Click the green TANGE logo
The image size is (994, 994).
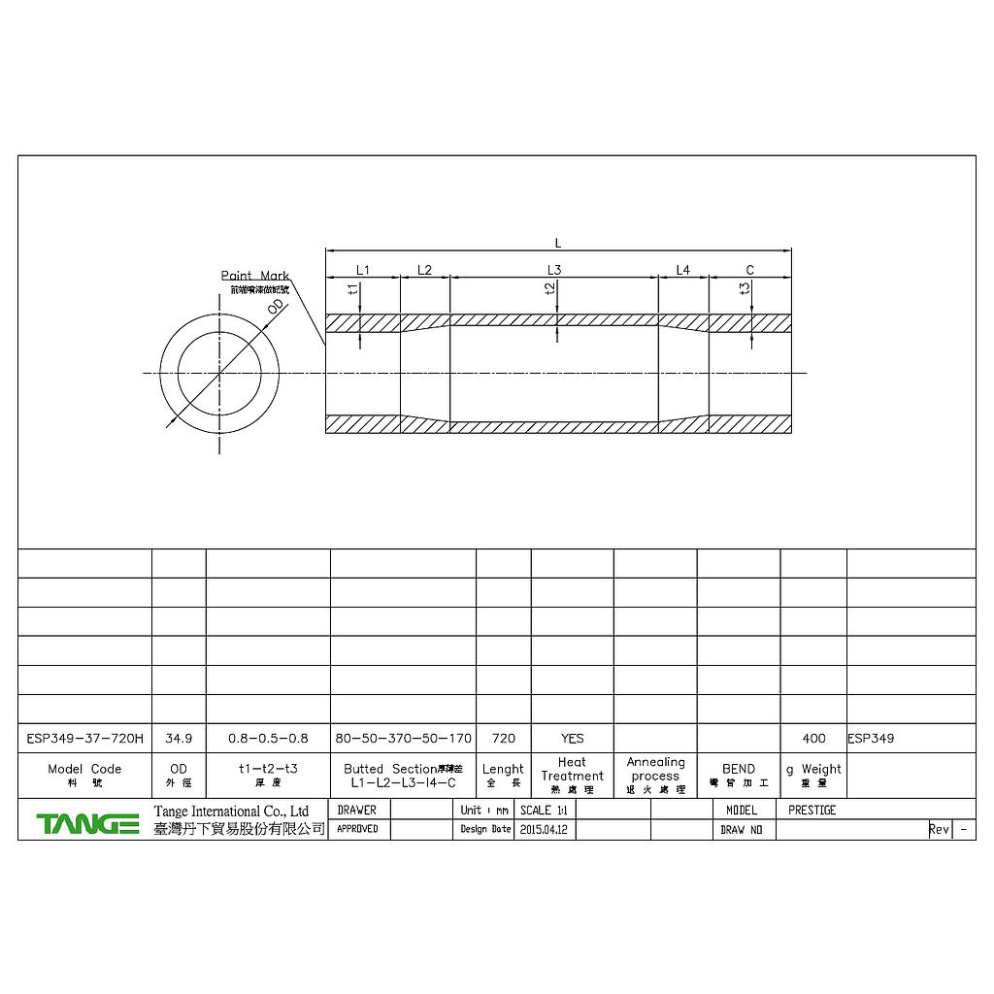87,824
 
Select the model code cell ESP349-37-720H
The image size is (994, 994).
84,738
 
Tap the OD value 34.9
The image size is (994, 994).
179,738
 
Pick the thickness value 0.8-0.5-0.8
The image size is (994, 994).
267,738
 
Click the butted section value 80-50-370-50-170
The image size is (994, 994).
403,738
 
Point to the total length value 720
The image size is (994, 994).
504,738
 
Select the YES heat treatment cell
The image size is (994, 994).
573,738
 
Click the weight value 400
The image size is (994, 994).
813,738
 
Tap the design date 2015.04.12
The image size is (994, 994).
544,830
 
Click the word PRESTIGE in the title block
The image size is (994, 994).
812,810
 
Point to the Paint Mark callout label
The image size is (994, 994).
254,276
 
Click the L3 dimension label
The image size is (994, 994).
554,269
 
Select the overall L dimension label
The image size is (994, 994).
558,244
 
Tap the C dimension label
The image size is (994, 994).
750,270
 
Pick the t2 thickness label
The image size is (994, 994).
550,288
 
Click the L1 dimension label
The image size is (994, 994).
363,269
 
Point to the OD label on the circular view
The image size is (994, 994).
276,308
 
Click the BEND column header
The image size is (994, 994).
739,769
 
